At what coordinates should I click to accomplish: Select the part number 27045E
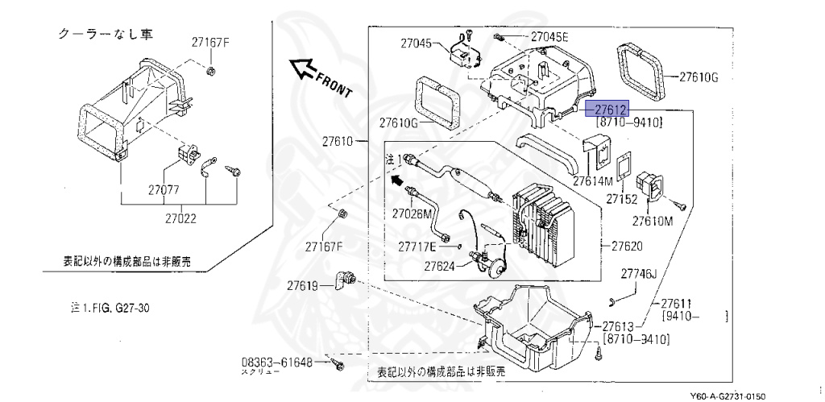point(549,37)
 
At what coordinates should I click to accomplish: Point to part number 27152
point(622,198)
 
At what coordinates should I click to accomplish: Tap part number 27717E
point(417,246)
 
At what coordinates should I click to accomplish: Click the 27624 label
point(441,265)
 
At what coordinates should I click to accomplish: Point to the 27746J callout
point(639,274)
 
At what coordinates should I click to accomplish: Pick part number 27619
point(304,284)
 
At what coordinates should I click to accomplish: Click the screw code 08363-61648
point(276,363)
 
